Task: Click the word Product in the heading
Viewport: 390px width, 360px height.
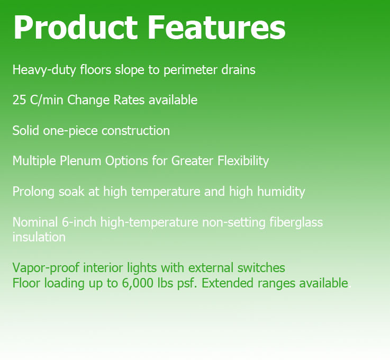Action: pos(76,27)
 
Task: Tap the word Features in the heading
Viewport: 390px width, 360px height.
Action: pos(216,27)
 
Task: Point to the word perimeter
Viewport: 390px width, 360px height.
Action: pos(191,70)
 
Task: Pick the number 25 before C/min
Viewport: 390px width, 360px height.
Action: pos(19,100)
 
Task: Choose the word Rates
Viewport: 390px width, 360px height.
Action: pos(129,100)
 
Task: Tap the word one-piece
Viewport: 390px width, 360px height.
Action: pos(70,131)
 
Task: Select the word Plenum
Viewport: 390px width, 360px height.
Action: pos(80,161)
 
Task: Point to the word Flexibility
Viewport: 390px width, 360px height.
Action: pos(243,161)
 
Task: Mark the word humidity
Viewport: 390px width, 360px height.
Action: pos(281,192)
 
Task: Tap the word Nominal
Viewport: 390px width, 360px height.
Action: pos(35,222)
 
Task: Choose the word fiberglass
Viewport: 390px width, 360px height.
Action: pos(296,222)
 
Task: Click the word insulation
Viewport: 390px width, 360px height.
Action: pos(39,237)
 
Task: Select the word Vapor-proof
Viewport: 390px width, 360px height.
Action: pos(46,268)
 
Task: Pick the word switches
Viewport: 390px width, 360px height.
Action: pos(261,268)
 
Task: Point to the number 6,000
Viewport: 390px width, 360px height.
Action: pos(138,283)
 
